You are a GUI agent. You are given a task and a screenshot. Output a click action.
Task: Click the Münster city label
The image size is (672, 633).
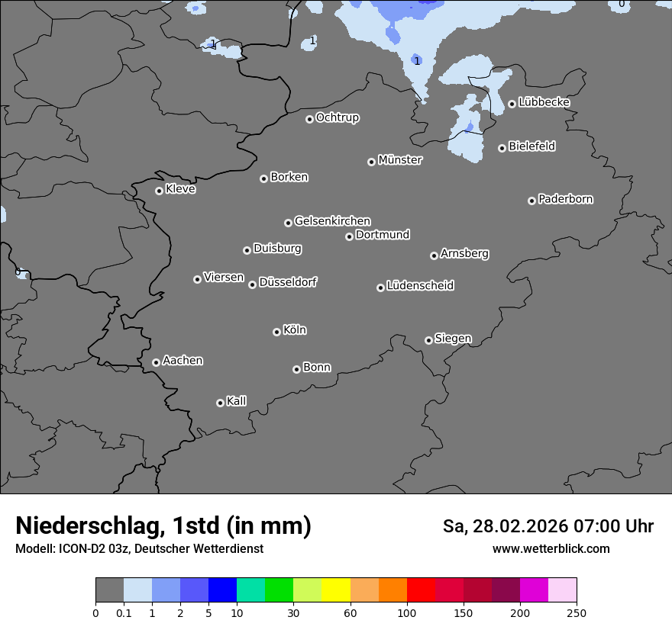click(x=400, y=160)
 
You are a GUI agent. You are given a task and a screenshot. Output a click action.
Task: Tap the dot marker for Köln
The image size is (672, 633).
click(x=276, y=332)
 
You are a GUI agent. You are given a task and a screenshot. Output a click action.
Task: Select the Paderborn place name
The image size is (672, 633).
click(x=566, y=199)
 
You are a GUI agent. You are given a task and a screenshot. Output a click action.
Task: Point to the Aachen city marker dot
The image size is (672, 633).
click(x=156, y=362)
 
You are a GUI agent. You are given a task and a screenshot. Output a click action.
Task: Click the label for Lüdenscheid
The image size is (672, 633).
click(x=420, y=286)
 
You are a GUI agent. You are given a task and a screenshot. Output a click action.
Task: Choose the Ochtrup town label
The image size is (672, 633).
click(x=338, y=117)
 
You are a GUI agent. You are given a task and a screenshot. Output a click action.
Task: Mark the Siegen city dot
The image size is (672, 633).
click(x=428, y=340)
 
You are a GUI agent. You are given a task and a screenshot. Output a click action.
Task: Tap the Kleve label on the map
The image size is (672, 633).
click(x=181, y=189)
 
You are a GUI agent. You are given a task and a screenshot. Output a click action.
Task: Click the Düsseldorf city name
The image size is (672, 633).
click(x=288, y=282)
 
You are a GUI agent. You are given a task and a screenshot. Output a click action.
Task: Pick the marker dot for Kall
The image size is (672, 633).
click(x=220, y=403)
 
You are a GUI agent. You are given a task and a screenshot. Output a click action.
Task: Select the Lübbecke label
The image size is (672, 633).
click(x=544, y=102)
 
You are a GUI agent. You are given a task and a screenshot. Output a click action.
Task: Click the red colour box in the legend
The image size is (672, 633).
click(x=421, y=590)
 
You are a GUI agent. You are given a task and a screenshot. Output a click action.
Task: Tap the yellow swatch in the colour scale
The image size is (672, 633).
click(x=336, y=590)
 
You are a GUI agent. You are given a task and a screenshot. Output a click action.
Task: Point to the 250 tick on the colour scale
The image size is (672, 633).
click(x=577, y=612)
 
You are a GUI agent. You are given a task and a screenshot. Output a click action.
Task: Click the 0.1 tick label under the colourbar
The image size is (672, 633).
click(x=124, y=612)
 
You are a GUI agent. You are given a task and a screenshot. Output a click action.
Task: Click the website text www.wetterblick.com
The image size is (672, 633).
click(x=551, y=548)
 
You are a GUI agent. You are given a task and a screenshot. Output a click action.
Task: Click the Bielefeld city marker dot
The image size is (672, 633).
click(x=502, y=148)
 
